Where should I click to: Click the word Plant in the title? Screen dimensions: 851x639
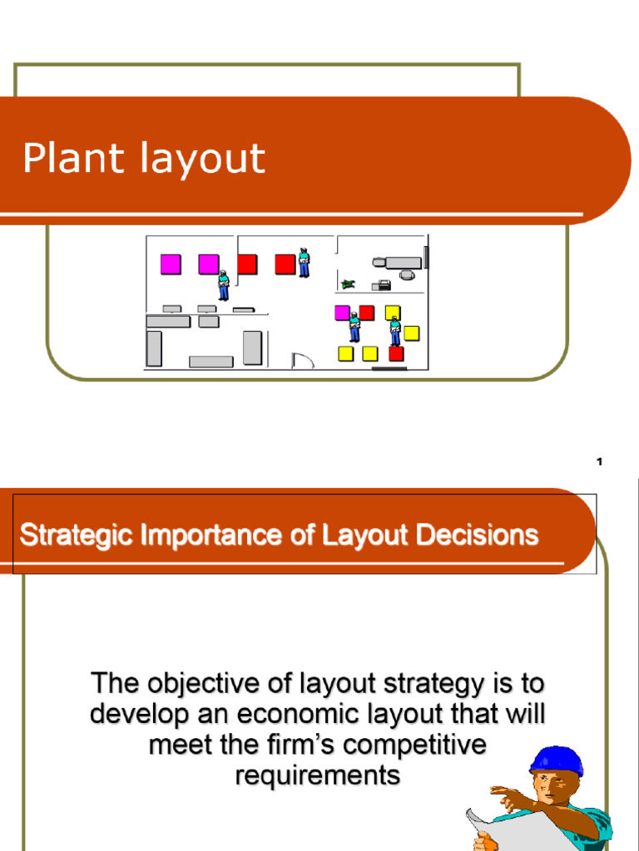click(73, 158)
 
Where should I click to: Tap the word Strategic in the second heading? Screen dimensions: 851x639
click(73, 534)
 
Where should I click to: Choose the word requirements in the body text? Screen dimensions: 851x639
click(318, 775)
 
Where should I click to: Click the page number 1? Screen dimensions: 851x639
click(599, 463)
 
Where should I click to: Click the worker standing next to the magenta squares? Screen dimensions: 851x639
click(223, 284)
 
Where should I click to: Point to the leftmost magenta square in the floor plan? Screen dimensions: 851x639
click(170, 264)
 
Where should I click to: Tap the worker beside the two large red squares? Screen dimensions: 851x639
click(304, 262)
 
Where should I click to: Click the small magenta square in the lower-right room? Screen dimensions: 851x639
click(341, 312)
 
